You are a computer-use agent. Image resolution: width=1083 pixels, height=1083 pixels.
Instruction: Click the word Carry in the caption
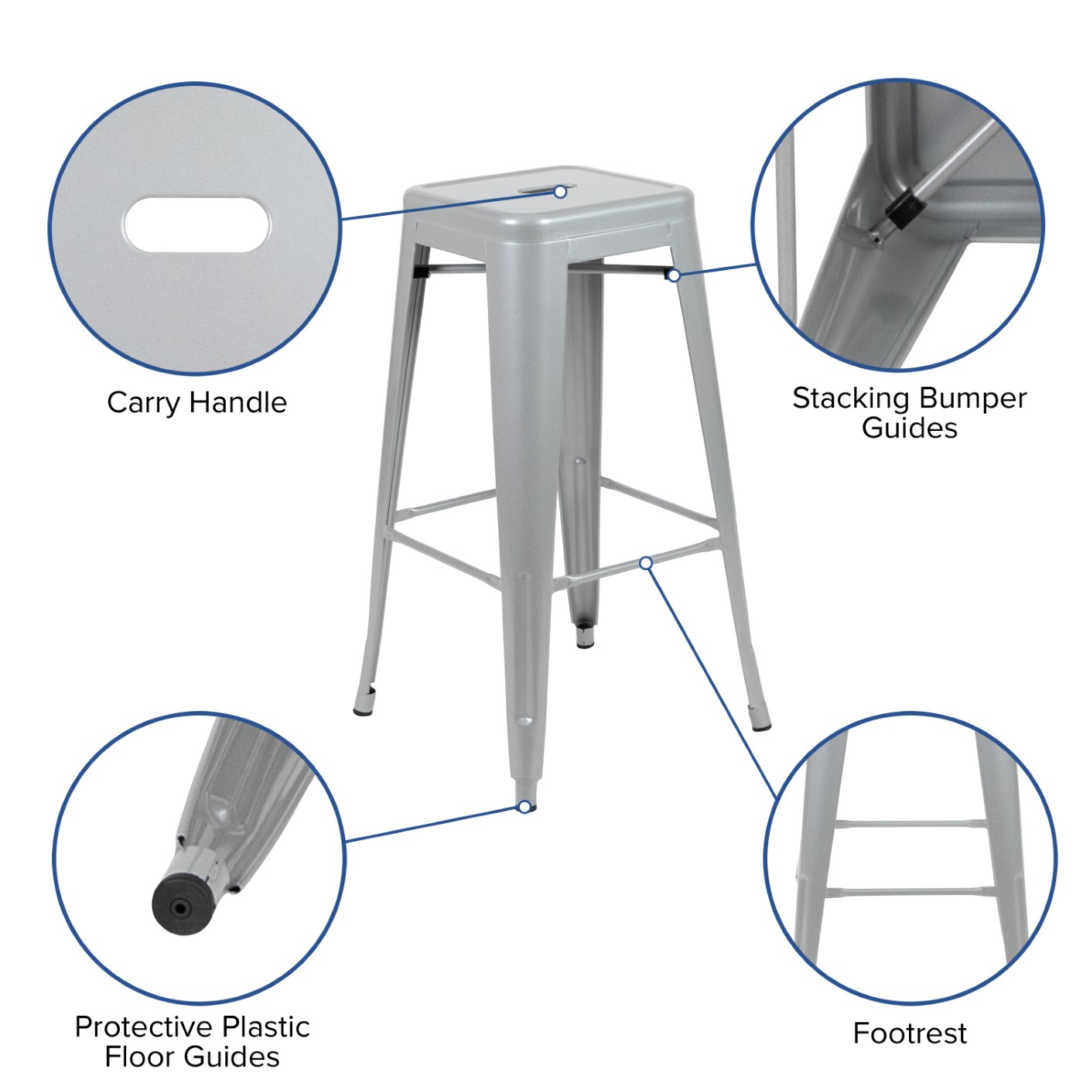143,404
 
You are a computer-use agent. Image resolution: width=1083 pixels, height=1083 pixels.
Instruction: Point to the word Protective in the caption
145,1027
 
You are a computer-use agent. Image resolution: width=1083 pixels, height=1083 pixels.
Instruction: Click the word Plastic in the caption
266,1028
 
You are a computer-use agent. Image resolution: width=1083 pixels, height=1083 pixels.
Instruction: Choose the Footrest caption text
910,1033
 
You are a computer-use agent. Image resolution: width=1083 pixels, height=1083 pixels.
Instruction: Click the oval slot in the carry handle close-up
196,225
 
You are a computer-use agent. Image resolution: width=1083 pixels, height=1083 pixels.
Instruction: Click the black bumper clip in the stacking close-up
905,208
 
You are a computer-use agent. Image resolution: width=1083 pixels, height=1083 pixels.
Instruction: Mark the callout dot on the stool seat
560,192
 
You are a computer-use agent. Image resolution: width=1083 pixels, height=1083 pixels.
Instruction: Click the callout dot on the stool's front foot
524,807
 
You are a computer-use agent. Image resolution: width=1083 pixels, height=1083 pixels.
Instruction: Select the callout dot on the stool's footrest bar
646,562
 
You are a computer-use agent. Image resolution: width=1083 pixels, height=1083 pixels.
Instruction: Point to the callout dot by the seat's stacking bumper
674,275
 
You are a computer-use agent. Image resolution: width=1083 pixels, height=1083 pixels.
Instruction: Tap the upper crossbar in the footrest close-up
910,824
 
